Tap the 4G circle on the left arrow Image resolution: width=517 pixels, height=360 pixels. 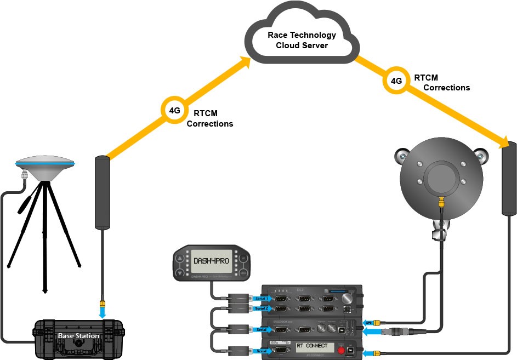click(x=174, y=110)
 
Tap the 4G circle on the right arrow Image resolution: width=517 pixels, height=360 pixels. click(x=396, y=81)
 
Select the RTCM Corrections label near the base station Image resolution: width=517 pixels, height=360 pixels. click(x=210, y=119)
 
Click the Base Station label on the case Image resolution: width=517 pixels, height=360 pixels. click(x=79, y=335)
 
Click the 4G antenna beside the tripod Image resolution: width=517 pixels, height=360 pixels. click(x=103, y=192)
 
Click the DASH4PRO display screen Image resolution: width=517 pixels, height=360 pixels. click(x=211, y=261)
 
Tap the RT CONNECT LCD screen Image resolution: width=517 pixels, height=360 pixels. click(x=312, y=346)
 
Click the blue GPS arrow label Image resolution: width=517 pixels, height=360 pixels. click(x=369, y=323)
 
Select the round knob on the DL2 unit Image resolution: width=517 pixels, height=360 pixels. click(x=347, y=299)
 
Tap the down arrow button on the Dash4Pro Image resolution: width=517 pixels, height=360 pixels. click(x=180, y=271)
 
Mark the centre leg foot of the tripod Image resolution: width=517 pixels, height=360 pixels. click(x=44, y=290)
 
